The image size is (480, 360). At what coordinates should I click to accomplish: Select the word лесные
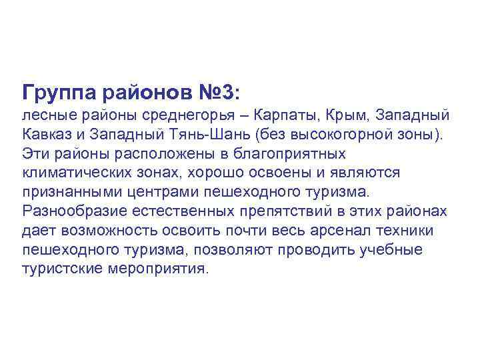pyautogui.click(x=46, y=115)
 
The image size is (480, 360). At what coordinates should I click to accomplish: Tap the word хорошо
pyautogui.click(x=203, y=173)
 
